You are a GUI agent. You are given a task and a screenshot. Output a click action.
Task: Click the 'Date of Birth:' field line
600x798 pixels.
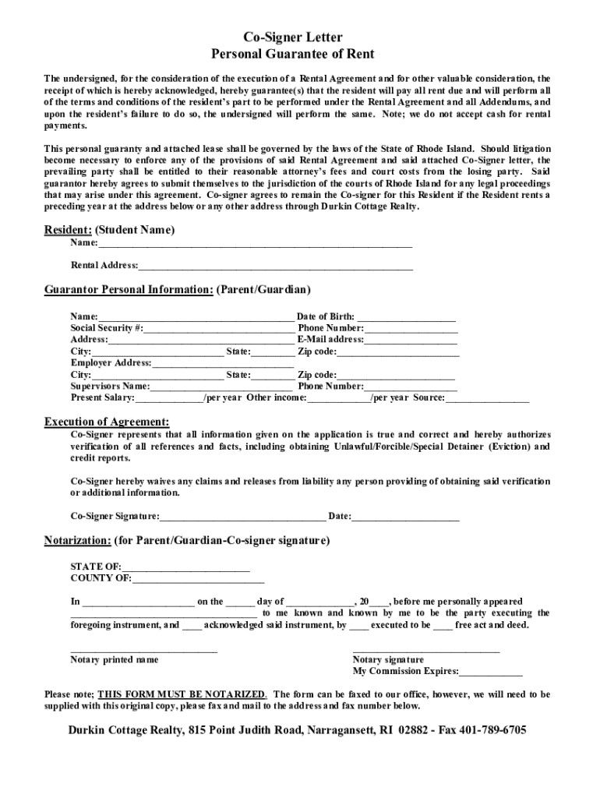point(406,317)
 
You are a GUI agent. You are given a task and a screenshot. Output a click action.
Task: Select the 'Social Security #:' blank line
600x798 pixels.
point(218,329)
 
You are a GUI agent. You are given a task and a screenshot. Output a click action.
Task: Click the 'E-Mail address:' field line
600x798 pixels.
point(411,341)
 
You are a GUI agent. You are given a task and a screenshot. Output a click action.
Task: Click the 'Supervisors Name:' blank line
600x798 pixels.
point(222,387)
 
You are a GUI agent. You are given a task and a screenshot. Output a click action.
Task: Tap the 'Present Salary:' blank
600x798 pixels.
point(168,398)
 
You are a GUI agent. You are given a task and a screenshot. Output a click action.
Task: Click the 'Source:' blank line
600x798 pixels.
point(487,398)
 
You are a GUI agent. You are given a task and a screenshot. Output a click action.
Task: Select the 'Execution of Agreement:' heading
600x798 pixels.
point(106,422)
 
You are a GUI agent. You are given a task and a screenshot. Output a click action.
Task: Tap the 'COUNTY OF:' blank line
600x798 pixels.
point(198,578)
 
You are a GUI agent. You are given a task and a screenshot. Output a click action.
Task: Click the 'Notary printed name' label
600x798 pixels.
point(115,660)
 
